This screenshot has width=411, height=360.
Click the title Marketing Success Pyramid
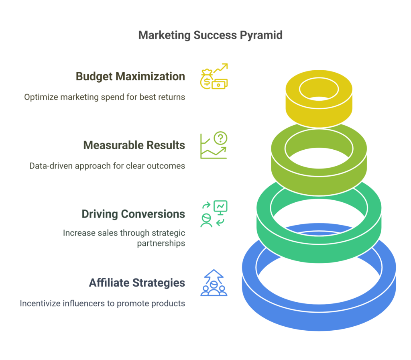[x=210, y=35]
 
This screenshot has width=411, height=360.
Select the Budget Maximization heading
[x=130, y=77]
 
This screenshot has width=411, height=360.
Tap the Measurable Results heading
[x=134, y=145]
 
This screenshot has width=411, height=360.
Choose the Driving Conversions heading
[x=133, y=214]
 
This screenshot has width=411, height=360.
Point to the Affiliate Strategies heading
[x=137, y=283]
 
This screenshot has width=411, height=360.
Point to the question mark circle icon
[x=220, y=138]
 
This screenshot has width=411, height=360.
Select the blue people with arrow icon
[x=214, y=283]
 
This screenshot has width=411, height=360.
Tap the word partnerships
[x=161, y=243]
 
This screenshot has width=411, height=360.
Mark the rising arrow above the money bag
[x=220, y=68]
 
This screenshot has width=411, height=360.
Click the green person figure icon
[x=206, y=220]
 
